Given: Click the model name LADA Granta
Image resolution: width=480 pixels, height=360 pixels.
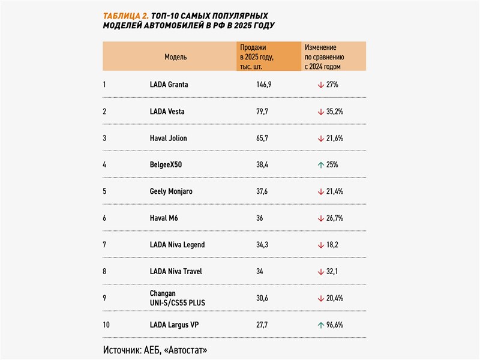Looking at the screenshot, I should point(169,85).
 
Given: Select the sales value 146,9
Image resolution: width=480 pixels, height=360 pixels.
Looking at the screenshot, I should point(263,85).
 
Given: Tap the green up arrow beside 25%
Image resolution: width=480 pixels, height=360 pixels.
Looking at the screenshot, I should point(321,164).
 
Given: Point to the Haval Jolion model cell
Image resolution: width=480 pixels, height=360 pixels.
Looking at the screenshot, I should point(168,138).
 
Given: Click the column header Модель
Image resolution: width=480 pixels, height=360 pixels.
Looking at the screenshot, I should point(176,57).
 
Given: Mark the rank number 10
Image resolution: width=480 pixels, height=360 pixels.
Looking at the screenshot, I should point(106,325).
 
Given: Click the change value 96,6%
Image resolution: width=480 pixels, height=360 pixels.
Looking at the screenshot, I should point(338,325).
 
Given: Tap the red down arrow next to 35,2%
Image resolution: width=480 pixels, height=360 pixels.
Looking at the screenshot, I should point(321,112).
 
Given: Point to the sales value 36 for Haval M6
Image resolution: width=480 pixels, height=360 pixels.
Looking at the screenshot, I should point(259,218).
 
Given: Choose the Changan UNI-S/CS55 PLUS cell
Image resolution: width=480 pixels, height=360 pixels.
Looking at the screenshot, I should point(177,298).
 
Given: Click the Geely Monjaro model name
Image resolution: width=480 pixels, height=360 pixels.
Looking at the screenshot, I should point(171,191).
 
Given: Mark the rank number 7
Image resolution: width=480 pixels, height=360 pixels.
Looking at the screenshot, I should point(104,245).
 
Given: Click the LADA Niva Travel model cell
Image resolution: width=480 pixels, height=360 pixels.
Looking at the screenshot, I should point(176,271).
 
